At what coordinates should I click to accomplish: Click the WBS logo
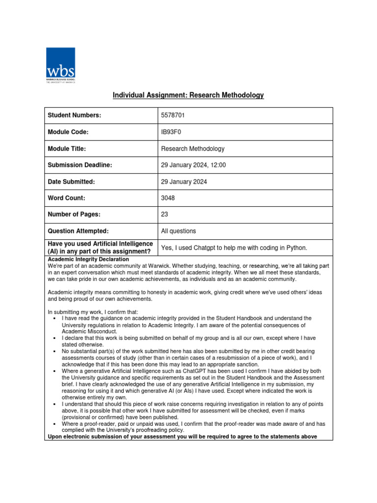click(60, 65)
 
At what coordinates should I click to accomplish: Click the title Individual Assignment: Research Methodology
click(188, 95)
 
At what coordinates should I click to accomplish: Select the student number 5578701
click(173, 115)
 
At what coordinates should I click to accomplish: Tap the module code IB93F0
click(171, 132)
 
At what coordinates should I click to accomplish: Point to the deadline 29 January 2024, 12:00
click(193, 166)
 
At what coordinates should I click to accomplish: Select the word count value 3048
click(167, 198)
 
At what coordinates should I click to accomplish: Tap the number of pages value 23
click(164, 215)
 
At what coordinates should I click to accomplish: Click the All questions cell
click(178, 231)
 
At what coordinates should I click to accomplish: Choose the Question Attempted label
click(78, 231)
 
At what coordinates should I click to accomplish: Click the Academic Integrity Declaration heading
click(88, 259)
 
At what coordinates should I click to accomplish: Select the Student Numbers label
click(74, 115)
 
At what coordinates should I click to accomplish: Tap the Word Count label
click(66, 198)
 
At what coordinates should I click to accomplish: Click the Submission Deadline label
click(80, 166)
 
